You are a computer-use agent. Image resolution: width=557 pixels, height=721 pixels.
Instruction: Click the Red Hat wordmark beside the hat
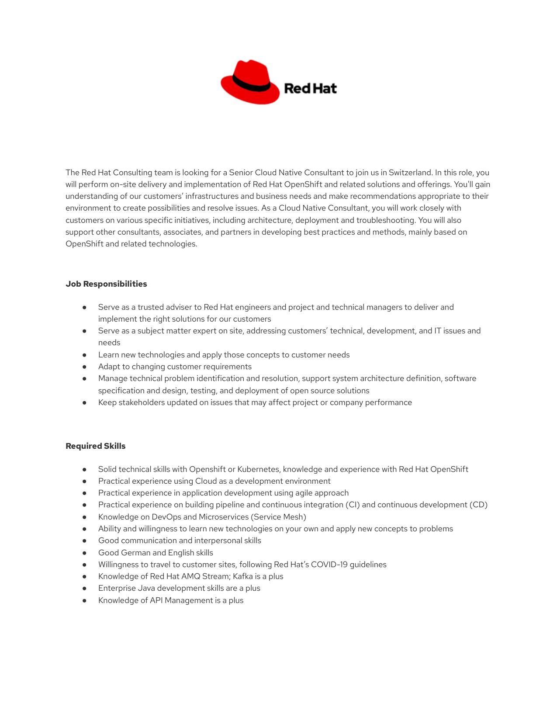pos(310,88)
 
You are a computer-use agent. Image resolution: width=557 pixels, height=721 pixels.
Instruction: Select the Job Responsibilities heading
pos(106,284)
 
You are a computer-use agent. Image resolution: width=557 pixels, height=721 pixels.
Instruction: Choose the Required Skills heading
pos(95,446)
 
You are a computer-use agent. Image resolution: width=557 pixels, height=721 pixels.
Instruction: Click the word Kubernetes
pos(258,469)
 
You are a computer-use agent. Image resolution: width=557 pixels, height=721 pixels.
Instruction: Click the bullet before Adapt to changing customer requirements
pos(84,367)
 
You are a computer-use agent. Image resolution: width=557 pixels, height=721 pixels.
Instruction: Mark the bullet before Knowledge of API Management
pos(84,601)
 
